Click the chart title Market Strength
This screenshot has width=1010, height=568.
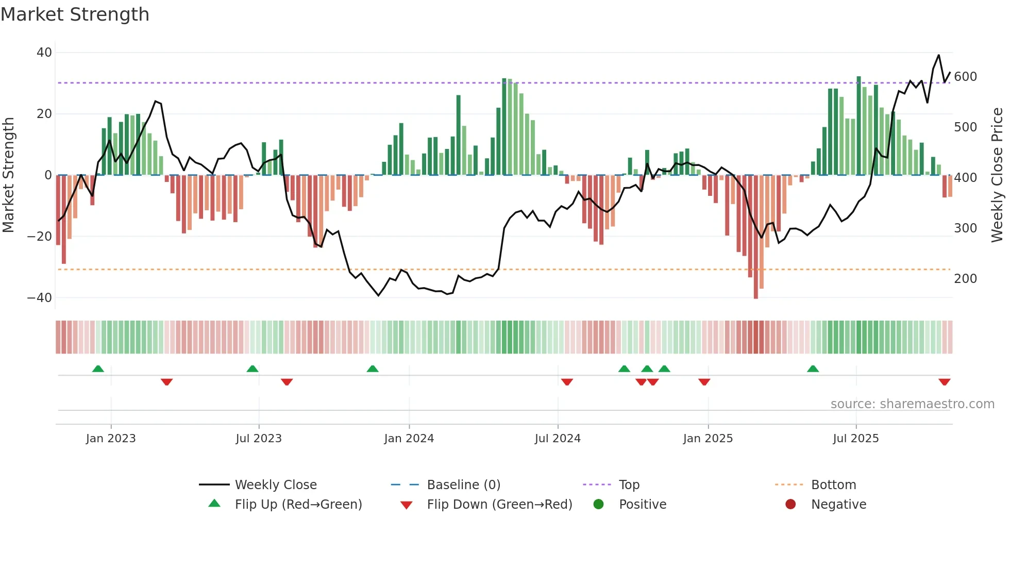tap(75, 14)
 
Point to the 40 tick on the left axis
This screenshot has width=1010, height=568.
tap(44, 53)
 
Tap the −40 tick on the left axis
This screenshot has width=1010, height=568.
tap(40, 298)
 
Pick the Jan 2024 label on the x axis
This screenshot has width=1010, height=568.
tap(409, 439)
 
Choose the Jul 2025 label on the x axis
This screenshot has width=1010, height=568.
tap(855, 439)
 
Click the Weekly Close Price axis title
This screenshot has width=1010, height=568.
tap(997, 175)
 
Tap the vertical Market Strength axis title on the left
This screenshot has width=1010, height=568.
tap(9, 175)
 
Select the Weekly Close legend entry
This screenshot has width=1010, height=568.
tap(275, 485)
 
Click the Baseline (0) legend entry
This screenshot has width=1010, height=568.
tap(463, 485)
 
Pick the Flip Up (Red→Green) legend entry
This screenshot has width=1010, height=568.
tap(298, 505)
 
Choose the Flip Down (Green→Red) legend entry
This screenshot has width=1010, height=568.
tap(499, 505)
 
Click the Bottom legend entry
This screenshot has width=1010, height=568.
tap(833, 485)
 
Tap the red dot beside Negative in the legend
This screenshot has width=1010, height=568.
tap(790, 505)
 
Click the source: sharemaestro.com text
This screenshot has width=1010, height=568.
tap(912, 404)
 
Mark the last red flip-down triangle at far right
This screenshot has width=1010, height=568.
tap(944, 382)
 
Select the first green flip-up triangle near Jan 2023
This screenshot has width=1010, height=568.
tap(98, 369)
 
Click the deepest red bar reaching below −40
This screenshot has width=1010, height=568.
tap(755, 237)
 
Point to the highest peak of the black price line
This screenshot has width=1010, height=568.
tap(938, 55)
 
